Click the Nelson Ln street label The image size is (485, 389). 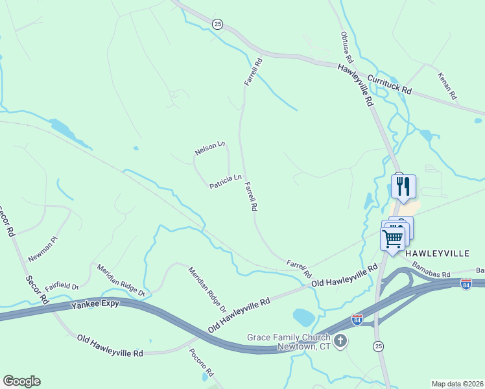point(209,148)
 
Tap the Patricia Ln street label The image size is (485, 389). point(225,182)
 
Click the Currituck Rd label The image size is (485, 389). point(390,84)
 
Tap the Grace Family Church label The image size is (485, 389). point(289,338)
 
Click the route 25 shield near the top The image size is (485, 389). point(217,24)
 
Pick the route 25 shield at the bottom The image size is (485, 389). point(378,346)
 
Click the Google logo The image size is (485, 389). point(21,381)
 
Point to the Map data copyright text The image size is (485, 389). point(458,384)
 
